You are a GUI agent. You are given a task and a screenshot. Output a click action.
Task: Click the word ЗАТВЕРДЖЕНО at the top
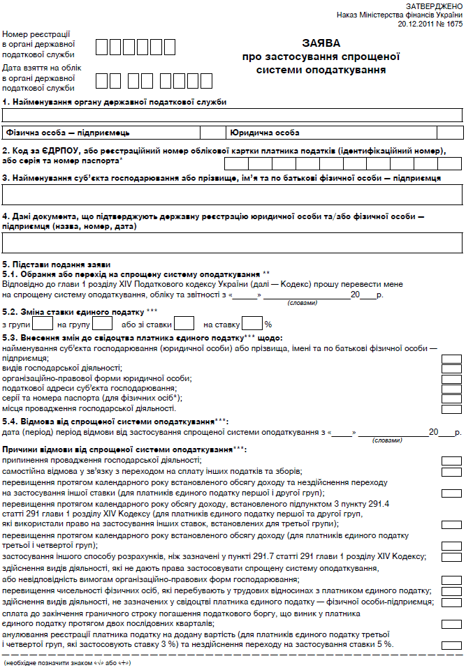pos(434,6)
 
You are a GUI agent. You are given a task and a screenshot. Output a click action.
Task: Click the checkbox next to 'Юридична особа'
pos(449,132)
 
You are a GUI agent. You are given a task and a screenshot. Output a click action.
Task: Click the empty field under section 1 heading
pos(233,115)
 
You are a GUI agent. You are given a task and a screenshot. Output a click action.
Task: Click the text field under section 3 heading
pos(233,194)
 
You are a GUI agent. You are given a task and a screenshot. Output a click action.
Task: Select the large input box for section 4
pos(233,242)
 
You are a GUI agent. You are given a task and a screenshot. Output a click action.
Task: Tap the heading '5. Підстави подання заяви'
pos(56,265)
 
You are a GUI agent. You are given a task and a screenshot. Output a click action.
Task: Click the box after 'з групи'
pos(43,324)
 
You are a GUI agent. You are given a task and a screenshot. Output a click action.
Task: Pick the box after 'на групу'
pos(103,324)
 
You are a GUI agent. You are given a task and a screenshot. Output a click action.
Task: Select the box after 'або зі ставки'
pos(184,324)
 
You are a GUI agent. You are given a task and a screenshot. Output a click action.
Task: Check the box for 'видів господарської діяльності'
pos(451,369)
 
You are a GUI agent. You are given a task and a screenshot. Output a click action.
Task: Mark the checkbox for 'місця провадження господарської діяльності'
pos(451,408)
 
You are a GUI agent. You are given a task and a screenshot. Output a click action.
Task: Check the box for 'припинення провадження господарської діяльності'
pos(451,461)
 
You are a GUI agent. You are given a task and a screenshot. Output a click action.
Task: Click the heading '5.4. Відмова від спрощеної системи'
pos(116,422)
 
